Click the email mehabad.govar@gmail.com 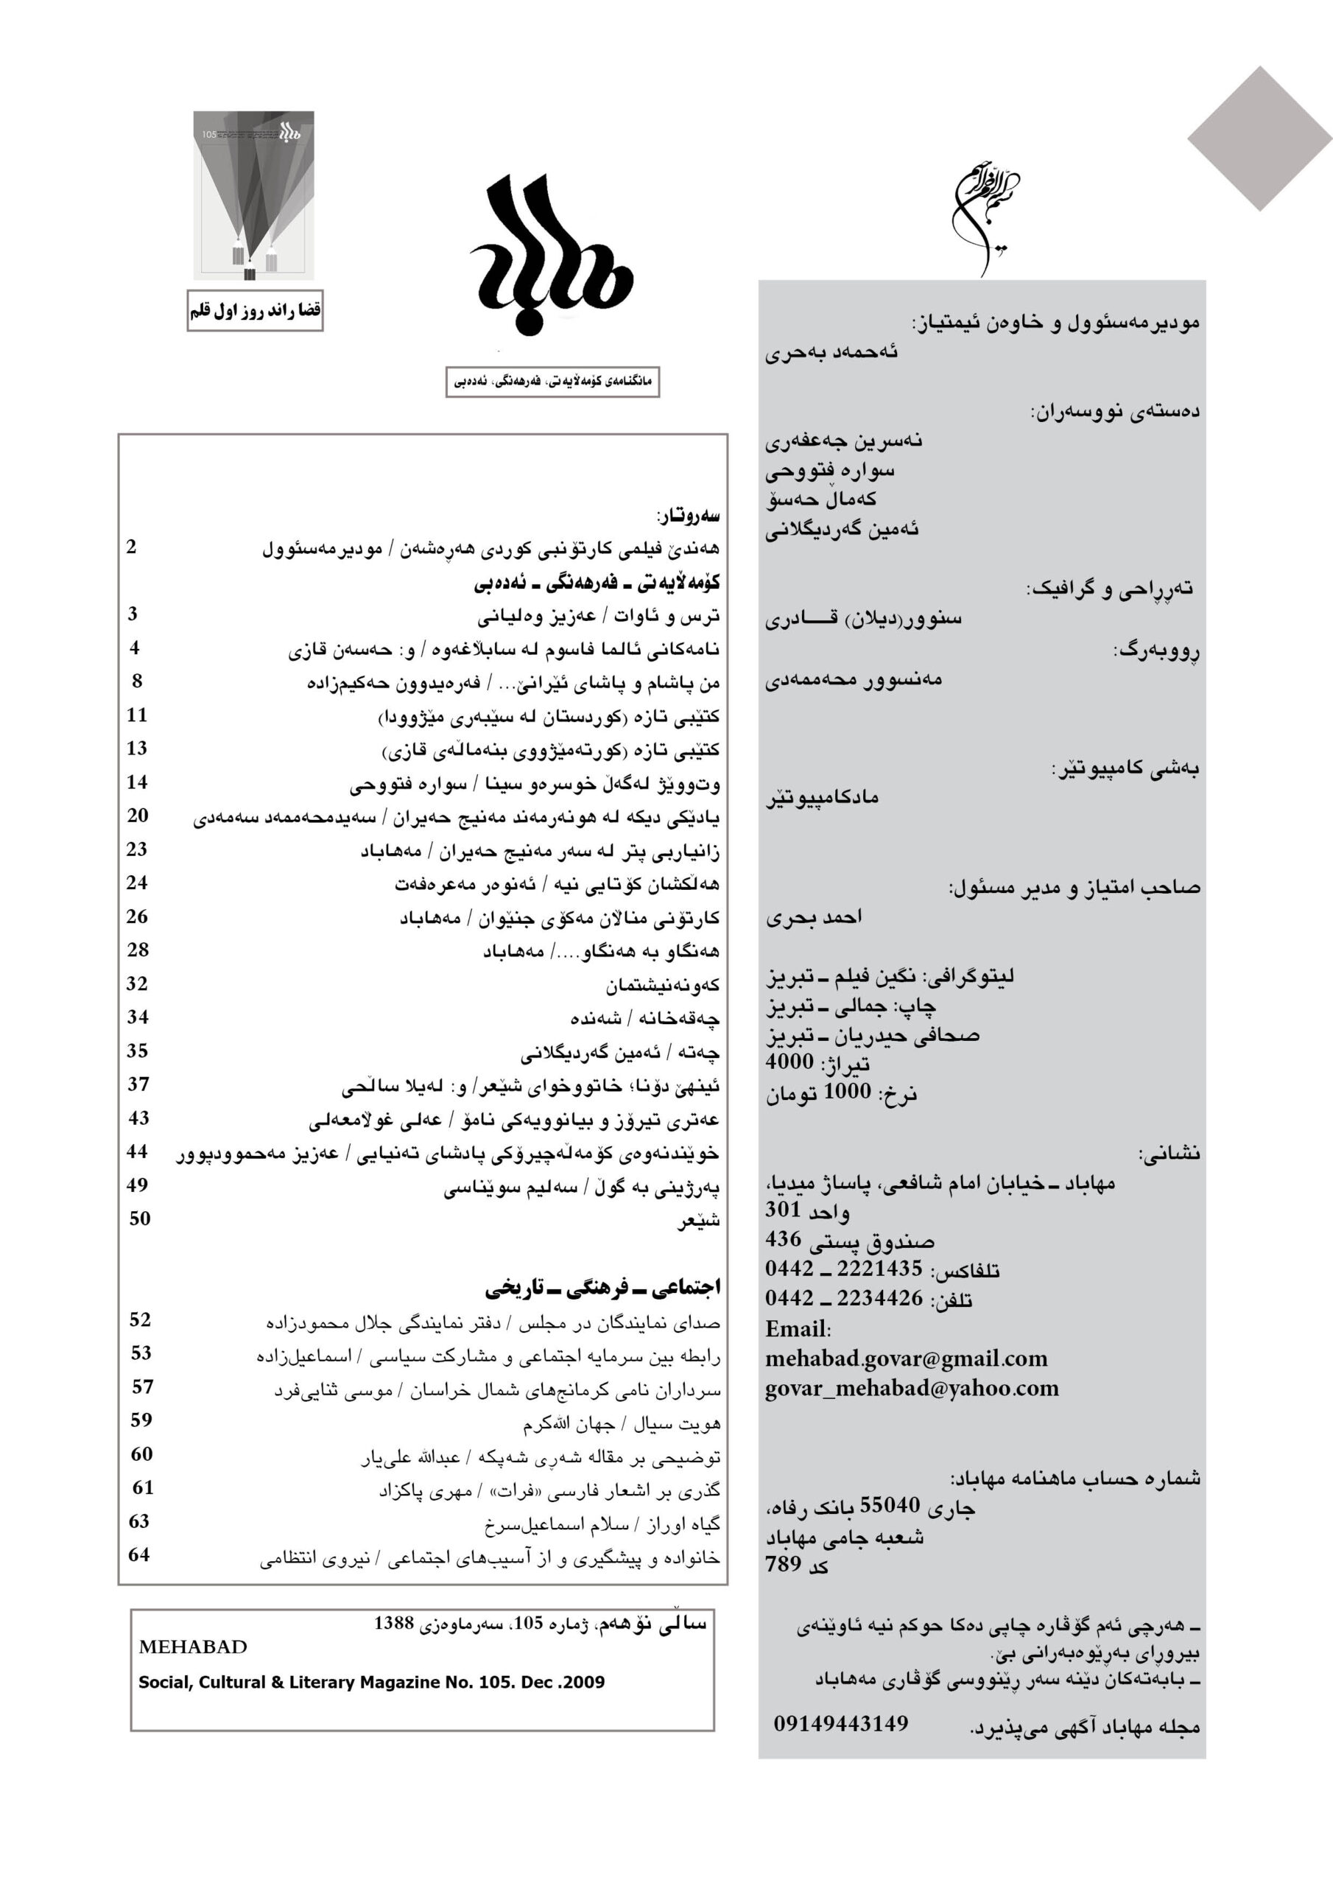[x=906, y=1359]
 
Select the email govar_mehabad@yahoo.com [x=912, y=1388]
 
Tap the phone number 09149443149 [x=840, y=1723]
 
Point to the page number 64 [x=138, y=1554]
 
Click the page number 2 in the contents [x=131, y=547]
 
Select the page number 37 [x=138, y=1084]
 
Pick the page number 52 [x=141, y=1319]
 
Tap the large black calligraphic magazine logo [x=551, y=255]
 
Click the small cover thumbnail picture [x=254, y=195]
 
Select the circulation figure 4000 [x=789, y=1062]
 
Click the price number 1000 [x=847, y=1091]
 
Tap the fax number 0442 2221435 [x=843, y=1269]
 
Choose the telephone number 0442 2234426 [x=843, y=1298]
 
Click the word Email [x=796, y=1329]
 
